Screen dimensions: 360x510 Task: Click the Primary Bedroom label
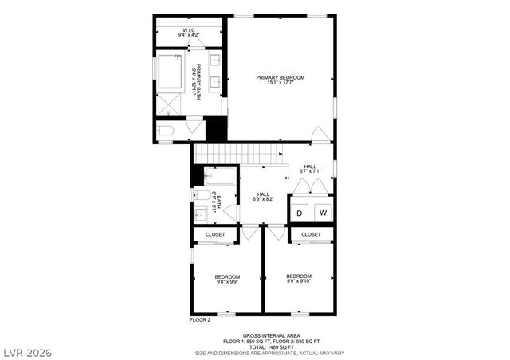(280, 77)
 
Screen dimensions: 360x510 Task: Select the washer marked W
(324, 213)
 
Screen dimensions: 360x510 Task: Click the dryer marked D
(300, 213)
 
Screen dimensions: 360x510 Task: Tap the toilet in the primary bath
(165, 129)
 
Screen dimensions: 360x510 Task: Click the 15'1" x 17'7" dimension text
(280, 83)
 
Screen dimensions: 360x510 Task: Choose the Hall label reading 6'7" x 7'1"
(309, 168)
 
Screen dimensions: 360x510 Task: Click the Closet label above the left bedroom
(215, 234)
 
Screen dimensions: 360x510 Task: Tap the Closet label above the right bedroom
(311, 234)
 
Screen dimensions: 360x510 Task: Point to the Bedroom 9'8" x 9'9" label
(227, 278)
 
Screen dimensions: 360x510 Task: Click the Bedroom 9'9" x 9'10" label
(298, 278)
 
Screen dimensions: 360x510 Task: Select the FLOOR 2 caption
(199, 319)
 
